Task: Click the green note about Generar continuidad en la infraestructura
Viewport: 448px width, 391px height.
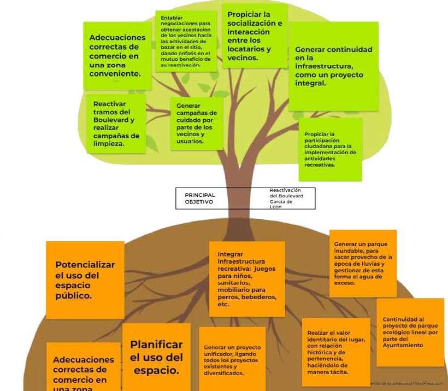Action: click(333, 66)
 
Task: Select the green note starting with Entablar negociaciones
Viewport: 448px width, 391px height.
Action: click(186, 42)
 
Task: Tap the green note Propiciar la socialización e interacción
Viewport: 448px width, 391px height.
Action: click(255, 36)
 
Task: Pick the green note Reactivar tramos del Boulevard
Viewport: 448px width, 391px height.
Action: click(116, 124)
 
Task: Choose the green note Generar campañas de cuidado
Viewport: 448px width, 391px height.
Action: click(196, 123)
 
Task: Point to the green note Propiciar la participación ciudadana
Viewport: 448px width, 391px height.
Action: click(330, 149)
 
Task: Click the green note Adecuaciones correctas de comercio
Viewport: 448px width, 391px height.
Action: click(117, 55)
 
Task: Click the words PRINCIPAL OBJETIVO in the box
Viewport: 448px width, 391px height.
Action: click(200, 198)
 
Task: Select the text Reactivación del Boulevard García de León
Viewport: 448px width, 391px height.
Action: click(286, 199)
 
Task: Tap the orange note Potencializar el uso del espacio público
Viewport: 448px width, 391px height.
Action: click(85, 279)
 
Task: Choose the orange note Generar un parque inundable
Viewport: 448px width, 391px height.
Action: click(363, 263)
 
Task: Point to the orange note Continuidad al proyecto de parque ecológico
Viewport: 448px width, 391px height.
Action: click(410, 332)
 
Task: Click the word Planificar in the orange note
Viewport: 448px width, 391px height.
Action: click(156, 345)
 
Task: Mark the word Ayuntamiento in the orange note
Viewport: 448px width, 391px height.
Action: click(403, 346)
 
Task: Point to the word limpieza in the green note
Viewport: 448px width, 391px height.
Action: click(108, 144)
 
